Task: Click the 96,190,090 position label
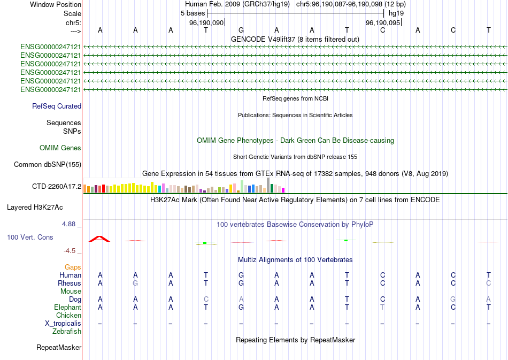click(206, 23)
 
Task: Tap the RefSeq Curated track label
click(57, 106)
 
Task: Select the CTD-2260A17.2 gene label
click(57, 187)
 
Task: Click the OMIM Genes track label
click(60, 148)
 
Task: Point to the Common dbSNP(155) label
click(48, 165)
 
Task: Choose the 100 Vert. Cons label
click(30, 237)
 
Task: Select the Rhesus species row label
click(70, 283)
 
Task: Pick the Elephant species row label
click(67, 308)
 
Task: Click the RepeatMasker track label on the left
click(59, 348)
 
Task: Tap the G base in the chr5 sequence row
click(241, 30)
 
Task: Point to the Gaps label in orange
click(73, 267)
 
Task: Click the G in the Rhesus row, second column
click(135, 283)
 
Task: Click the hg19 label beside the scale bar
click(396, 13)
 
